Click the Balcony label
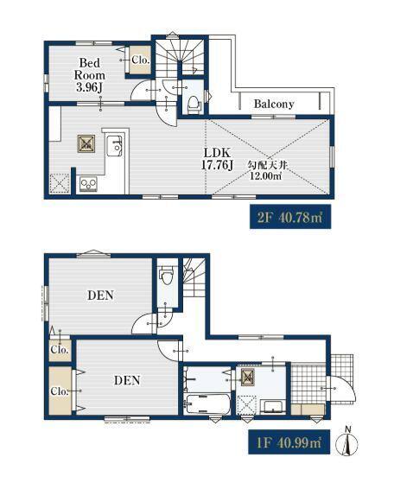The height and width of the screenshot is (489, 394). coord(274,104)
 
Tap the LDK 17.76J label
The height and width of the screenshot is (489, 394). coord(217,159)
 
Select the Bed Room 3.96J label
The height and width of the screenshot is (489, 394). coord(90,75)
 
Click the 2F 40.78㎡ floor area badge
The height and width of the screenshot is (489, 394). coord(290,217)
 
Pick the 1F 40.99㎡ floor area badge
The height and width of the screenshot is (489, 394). coord(289,442)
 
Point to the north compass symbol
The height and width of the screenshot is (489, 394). coord(347,441)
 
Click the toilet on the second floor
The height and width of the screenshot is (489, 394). coord(194,104)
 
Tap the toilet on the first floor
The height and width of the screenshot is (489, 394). coord(166,275)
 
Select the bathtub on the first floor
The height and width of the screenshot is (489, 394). coord(207,403)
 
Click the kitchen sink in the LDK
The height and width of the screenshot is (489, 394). coord(114,145)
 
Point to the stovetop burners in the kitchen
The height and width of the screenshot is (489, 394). coord(89,183)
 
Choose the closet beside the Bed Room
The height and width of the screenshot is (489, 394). coord(140,60)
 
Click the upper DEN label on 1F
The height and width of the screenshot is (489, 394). coord(100,295)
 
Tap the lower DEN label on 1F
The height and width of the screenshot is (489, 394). coord(127,380)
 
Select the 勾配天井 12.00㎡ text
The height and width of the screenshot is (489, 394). coord(267,170)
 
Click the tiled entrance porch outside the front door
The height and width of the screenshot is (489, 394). coord(342,378)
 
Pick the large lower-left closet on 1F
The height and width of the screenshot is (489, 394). coord(60,391)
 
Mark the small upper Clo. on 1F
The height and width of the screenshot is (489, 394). coord(60,350)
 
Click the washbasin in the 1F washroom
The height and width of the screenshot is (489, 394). coord(273,407)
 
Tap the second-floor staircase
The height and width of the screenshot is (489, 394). coord(180,57)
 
